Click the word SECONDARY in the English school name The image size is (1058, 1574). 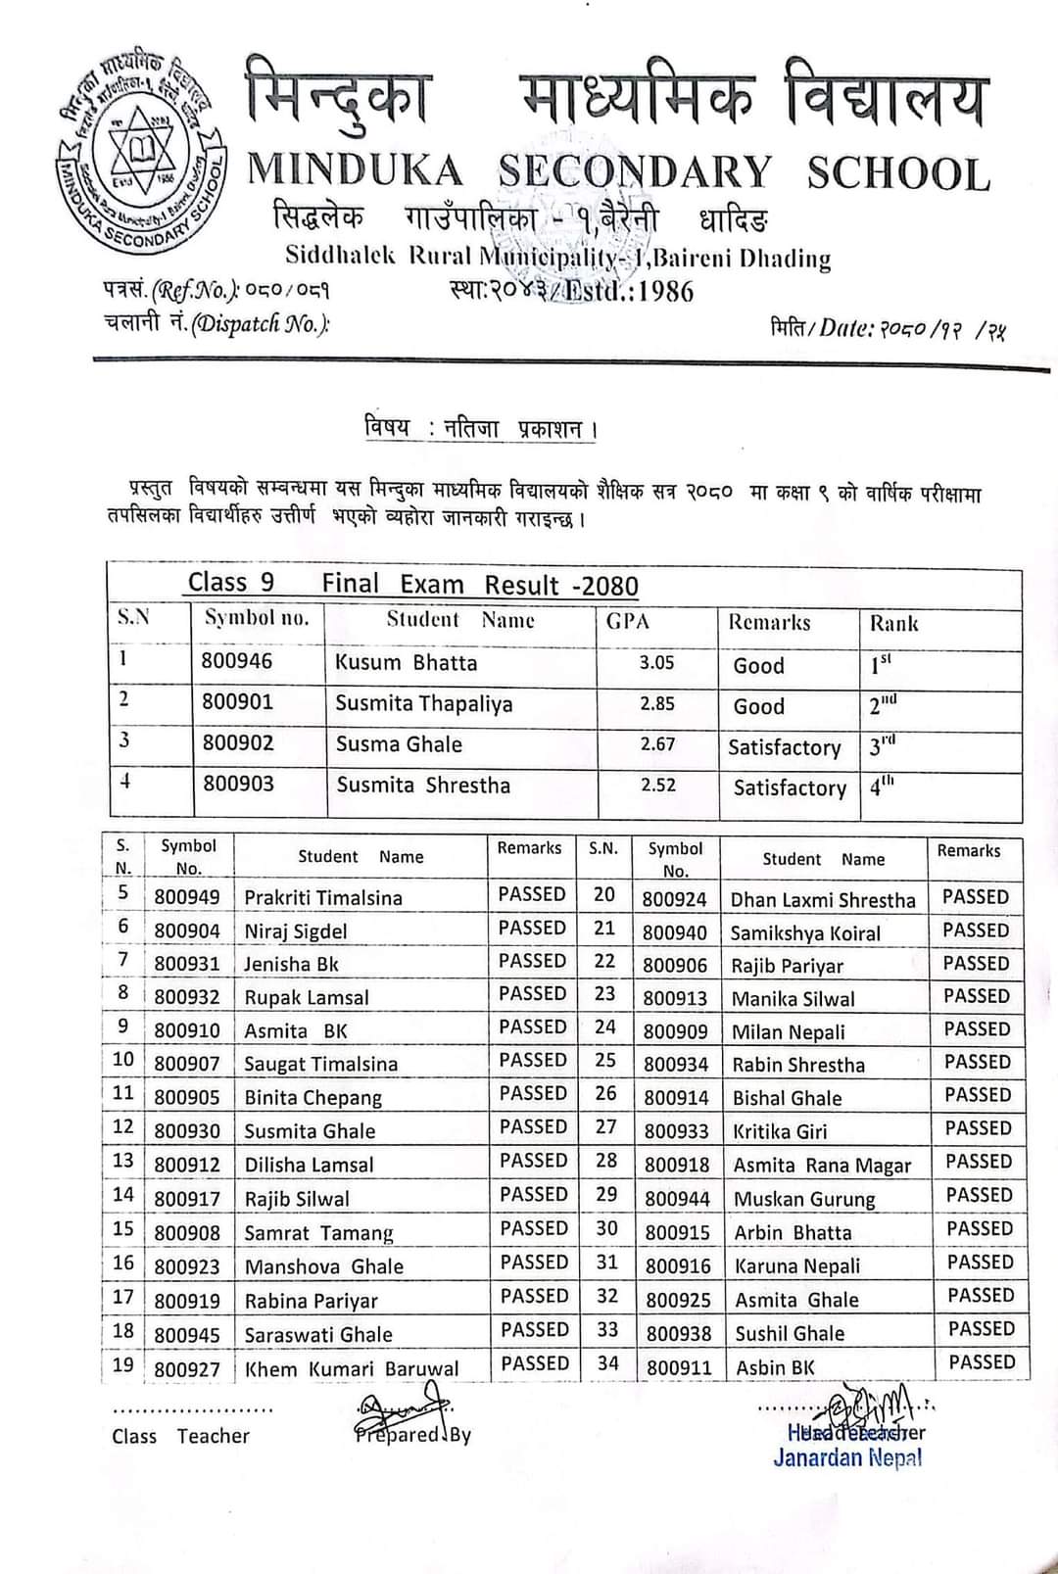(x=635, y=172)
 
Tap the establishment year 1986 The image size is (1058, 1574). (x=666, y=291)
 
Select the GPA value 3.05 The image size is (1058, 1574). (x=656, y=663)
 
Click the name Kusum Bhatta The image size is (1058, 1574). (x=406, y=663)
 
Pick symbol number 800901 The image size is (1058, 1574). (x=237, y=702)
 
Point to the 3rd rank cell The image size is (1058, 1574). (x=882, y=746)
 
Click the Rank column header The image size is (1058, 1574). (x=893, y=623)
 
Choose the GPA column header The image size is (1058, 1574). (x=627, y=621)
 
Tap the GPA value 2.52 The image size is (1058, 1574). (x=658, y=786)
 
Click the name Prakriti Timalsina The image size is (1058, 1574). (x=322, y=898)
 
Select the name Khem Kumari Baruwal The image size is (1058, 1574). (x=351, y=1368)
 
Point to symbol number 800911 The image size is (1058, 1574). (x=678, y=1367)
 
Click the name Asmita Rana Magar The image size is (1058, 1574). (x=822, y=1166)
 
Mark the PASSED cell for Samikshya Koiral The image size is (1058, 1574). (x=975, y=930)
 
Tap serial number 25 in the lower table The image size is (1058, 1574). (x=605, y=1061)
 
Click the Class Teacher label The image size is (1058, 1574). (x=180, y=1436)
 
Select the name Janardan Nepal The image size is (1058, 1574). (x=847, y=1457)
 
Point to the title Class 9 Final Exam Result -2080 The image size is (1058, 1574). (x=412, y=585)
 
